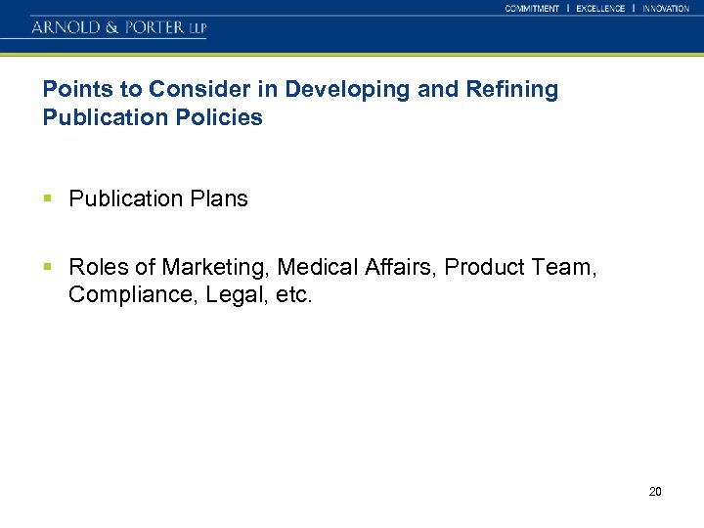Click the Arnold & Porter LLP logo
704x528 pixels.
point(118,27)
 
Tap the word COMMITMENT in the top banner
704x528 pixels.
point(532,9)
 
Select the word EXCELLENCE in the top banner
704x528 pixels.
point(600,9)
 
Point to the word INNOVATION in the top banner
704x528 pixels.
point(666,9)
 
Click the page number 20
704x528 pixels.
point(655,491)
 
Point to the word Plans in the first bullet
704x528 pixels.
point(220,199)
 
